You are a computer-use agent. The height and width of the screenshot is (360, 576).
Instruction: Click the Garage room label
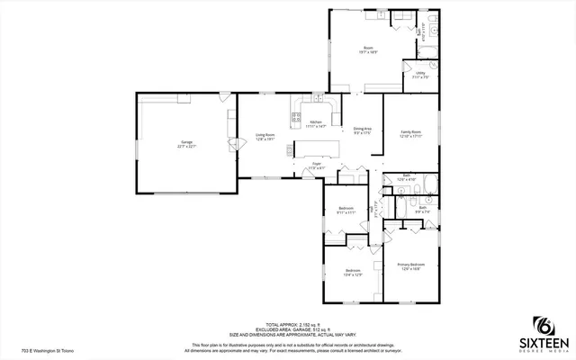[187, 143]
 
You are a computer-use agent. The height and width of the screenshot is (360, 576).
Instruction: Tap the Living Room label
[265, 136]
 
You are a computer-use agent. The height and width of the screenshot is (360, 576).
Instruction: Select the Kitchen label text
[315, 123]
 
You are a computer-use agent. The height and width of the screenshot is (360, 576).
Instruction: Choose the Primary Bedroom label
[410, 265]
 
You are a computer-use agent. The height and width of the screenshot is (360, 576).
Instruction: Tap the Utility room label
[420, 75]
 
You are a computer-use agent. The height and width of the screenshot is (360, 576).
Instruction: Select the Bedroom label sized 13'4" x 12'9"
[353, 273]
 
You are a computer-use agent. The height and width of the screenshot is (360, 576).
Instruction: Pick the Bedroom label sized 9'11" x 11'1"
[345, 210]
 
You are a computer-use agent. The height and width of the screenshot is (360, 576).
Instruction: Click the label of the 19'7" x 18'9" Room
[368, 49]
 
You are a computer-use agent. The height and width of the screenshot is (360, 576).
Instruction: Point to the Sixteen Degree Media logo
[543, 334]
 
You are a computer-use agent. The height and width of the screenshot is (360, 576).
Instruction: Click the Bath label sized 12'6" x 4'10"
[407, 178]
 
